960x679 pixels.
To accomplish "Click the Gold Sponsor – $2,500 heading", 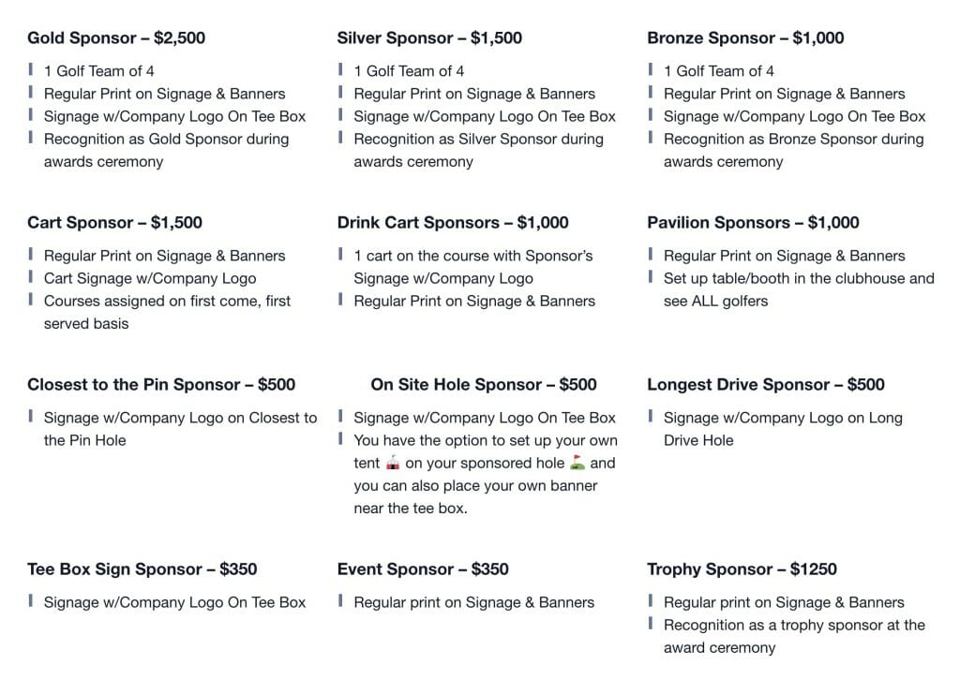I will click(116, 38).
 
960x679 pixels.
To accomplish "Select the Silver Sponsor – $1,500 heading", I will click(429, 38).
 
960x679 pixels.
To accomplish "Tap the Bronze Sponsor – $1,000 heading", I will click(745, 38).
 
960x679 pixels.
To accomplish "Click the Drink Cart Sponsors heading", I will click(418, 223).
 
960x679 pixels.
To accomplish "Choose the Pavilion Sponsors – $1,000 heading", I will click(753, 223).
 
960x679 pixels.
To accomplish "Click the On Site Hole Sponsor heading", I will click(457, 385).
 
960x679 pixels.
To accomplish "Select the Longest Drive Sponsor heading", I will click(740, 385).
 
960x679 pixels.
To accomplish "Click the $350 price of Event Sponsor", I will click(490, 569).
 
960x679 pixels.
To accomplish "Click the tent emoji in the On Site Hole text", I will click(393, 463).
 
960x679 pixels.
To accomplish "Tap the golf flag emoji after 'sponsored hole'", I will click(577, 463).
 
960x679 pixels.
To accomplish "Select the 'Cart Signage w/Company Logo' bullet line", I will click(150, 278).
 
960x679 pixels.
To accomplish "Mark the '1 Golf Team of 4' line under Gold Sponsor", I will click(99, 71).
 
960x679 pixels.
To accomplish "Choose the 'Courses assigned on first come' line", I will click(167, 301).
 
